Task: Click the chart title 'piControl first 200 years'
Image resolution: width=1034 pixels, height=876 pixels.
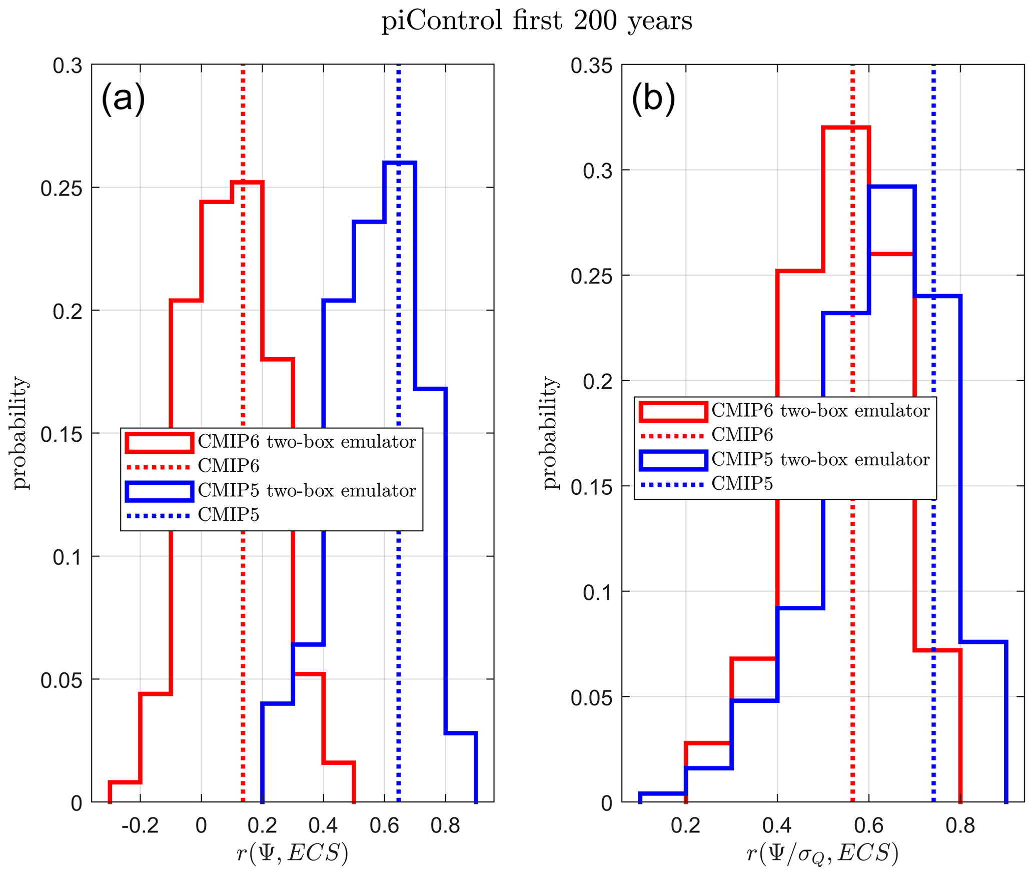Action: [x=536, y=22]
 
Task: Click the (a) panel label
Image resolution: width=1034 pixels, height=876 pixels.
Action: [x=123, y=99]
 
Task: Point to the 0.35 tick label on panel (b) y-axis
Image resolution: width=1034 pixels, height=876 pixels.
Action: [x=592, y=66]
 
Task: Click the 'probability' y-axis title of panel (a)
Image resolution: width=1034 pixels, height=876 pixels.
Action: [x=20, y=433]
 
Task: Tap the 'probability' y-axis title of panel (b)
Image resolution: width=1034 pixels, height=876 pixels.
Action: [x=550, y=433]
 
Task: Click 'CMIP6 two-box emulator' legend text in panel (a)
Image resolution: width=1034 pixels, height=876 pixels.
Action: [x=307, y=442]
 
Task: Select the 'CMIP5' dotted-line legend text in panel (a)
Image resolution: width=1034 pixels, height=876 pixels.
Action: [x=229, y=514]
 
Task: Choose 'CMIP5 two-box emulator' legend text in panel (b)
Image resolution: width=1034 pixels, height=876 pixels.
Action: [x=820, y=459]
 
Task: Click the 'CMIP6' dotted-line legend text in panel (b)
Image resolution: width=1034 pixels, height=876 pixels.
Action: [x=742, y=435]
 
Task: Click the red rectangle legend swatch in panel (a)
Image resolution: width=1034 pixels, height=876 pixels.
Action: [x=159, y=443]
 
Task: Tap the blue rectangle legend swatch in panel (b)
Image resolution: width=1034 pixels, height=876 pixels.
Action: [x=673, y=460]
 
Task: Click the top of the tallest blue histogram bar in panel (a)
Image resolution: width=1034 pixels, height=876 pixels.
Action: [x=400, y=163]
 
